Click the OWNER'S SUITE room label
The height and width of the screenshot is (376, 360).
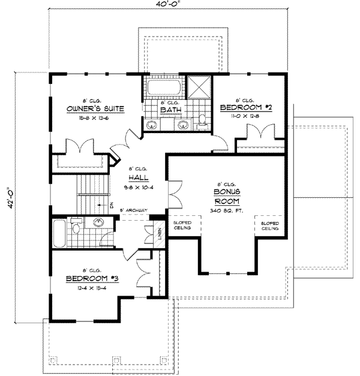[x=95, y=109]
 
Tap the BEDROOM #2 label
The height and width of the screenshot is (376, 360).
[x=246, y=107]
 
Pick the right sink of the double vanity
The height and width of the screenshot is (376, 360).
[x=183, y=125]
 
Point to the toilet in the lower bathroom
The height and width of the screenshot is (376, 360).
[x=76, y=228]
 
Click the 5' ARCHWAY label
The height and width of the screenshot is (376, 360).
[x=133, y=210]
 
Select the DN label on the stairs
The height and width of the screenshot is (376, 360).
[x=112, y=204]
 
